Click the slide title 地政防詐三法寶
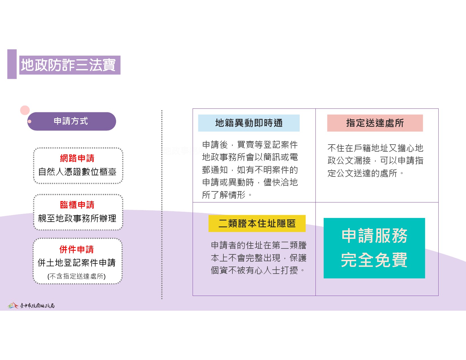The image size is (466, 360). point(68,65)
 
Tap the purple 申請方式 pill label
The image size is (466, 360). point(72,121)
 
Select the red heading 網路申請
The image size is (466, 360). point(77,158)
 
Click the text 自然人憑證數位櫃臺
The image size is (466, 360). point(77,172)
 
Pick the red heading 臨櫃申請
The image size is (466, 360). point(77,205)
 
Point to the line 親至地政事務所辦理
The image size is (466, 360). point(77,218)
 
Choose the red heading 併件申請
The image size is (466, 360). point(77,249)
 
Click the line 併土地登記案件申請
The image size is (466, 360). point(77,263)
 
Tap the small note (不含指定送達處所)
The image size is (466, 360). point(77,276)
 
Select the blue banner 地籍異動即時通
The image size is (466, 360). point(249,123)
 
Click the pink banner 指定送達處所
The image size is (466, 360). point(375,123)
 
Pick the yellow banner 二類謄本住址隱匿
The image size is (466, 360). point(257,223)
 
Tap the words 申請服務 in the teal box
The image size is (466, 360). point(374,236)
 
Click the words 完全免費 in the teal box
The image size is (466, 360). point(374,260)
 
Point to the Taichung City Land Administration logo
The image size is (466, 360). point(31,305)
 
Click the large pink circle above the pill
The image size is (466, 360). point(25,110)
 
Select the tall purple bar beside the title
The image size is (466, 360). point(12,64)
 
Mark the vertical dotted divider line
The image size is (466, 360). point(162,204)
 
